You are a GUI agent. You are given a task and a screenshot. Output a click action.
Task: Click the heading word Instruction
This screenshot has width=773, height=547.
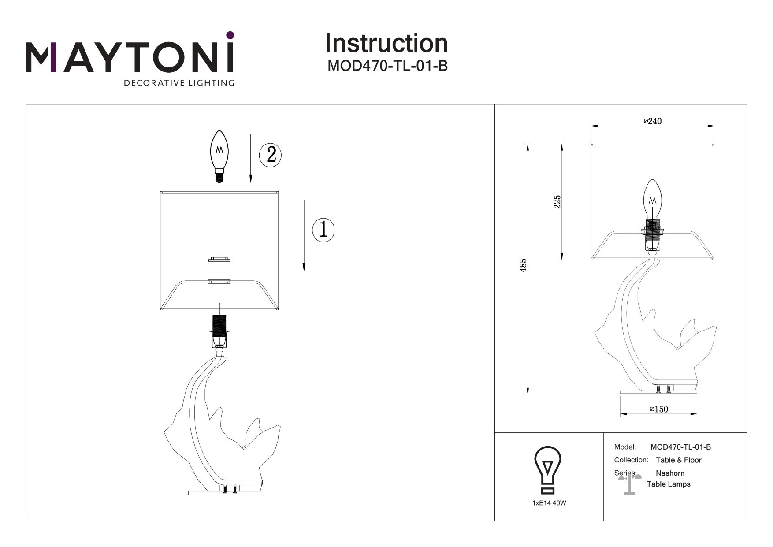pos(386,43)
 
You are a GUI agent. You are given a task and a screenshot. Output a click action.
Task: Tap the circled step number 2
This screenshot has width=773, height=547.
pos(271,154)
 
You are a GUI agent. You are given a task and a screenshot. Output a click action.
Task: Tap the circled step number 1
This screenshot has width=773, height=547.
pos(323,230)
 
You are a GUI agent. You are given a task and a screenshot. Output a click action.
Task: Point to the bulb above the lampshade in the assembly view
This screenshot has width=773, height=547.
pos(220,156)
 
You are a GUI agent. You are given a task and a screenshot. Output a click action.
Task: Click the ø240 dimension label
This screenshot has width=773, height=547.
pos(653,121)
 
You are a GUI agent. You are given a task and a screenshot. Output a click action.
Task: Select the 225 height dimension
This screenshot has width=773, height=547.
pos(557,202)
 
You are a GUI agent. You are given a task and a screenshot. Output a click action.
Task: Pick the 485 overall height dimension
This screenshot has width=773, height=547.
pos(523,265)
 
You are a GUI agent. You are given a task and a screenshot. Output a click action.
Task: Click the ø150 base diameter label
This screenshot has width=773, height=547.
pos(659,409)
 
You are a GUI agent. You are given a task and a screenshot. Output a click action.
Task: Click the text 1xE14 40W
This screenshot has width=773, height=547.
pos(549,503)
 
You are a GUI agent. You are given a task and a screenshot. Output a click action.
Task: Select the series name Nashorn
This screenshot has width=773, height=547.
pos(670,473)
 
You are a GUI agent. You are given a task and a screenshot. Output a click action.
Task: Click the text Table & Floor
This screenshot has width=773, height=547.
pos(678,460)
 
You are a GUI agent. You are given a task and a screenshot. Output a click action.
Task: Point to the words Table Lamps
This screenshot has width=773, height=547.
pos(668,484)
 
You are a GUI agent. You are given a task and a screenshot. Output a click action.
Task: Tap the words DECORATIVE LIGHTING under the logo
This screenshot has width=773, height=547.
pos(179,82)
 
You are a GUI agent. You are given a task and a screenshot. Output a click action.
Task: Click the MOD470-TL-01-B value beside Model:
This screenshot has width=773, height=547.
pos(680,447)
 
